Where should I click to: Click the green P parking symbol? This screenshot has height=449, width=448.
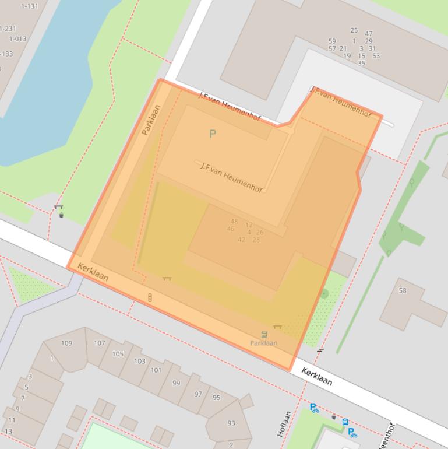[213, 134]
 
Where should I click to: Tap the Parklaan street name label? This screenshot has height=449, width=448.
[151, 120]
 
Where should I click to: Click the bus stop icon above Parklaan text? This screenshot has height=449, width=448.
[264, 335]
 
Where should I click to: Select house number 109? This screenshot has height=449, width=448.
[66, 343]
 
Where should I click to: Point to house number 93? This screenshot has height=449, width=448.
[231, 423]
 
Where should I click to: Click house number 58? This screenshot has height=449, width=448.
[403, 290]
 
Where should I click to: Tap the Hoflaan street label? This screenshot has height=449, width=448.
[284, 424]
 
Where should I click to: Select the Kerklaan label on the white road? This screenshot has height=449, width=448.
[317, 376]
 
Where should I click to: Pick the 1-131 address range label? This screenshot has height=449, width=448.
[29, 6]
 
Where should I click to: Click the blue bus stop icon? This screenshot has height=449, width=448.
[345, 422]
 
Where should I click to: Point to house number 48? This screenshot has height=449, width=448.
[234, 222]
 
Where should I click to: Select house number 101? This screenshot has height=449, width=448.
[156, 370]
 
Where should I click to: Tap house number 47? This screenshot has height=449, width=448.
[369, 34]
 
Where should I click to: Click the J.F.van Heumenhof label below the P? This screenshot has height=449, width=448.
[231, 177]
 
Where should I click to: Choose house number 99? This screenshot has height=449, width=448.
[176, 383]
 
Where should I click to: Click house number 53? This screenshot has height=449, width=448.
[376, 56]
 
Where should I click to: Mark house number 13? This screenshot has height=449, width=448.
[8, 432]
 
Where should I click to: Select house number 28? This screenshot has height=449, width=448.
[256, 240]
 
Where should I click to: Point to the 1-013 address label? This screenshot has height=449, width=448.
[17, 39]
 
